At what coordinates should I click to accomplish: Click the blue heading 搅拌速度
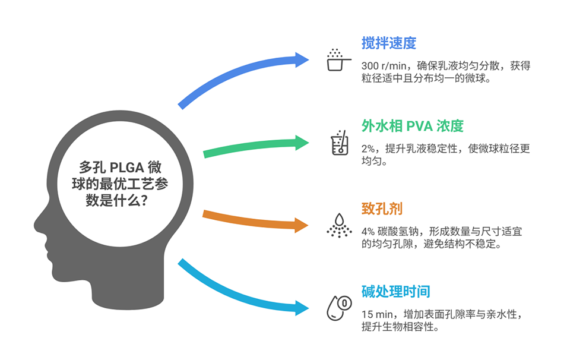389,43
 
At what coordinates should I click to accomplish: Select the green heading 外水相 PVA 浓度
413,126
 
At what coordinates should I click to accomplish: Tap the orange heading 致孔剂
382,209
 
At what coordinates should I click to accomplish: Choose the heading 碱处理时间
395,292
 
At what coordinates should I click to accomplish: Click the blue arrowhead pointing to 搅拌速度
302,59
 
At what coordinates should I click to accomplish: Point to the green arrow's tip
309,143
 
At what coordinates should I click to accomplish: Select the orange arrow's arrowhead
302,225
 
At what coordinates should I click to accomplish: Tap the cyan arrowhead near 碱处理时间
302,308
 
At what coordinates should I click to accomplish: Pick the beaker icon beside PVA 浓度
340,143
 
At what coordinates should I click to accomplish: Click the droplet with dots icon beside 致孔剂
339,225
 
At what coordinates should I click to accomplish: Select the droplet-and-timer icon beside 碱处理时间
339,308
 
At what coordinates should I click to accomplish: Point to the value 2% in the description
368,149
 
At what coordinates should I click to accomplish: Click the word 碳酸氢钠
398,232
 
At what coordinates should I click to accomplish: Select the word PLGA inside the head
127,168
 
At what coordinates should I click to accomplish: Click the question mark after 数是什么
144,200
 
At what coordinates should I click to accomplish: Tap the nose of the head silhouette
38,226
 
